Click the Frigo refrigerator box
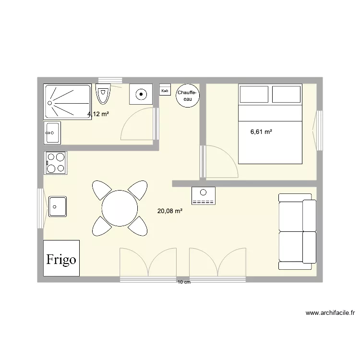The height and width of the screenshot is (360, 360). [x=61, y=258]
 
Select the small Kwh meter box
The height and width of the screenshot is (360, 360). [x=165, y=90]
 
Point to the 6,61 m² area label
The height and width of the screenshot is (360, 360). [x=261, y=131]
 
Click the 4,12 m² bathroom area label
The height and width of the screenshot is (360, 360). [x=98, y=114]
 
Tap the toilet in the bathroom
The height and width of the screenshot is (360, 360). [x=103, y=94]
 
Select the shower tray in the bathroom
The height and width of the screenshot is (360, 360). [x=67, y=102]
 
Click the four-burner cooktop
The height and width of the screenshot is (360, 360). [x=55, y=162]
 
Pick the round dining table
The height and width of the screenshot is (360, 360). [x=120, y=208]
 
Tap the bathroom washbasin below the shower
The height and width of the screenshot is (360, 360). [x=52, y=132]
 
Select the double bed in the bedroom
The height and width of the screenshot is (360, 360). [x=271, y=124]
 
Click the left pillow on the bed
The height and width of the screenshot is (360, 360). [x=254, y=94]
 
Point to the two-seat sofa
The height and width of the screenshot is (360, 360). [x=297, y=231]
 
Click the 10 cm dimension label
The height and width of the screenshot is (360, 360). [x=184, y=282]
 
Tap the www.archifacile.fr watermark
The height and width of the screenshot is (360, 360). [x=330, y=313]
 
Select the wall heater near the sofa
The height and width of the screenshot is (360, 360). [x=204, y=196]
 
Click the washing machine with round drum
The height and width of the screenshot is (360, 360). [x=141, y=94]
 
